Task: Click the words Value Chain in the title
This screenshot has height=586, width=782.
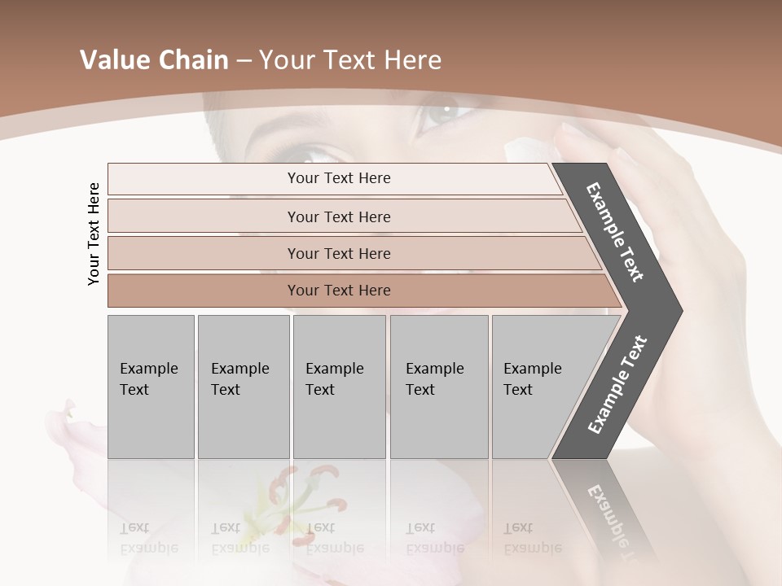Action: (154, 60)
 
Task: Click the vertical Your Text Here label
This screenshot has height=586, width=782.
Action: (94, 234)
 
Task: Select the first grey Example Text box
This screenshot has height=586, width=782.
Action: (151, 387)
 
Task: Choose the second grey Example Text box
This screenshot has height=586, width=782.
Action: (243, 387)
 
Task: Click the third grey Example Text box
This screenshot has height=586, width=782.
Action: (339, 387)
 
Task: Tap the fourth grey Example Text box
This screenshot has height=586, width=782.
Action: (438, 387)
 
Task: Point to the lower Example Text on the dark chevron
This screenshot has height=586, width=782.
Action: (617, 384)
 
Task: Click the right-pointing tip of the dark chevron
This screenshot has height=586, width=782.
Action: (678, 311)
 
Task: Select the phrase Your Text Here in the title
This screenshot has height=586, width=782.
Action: (350, 60)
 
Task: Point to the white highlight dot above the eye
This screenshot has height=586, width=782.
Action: (446, 107)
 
